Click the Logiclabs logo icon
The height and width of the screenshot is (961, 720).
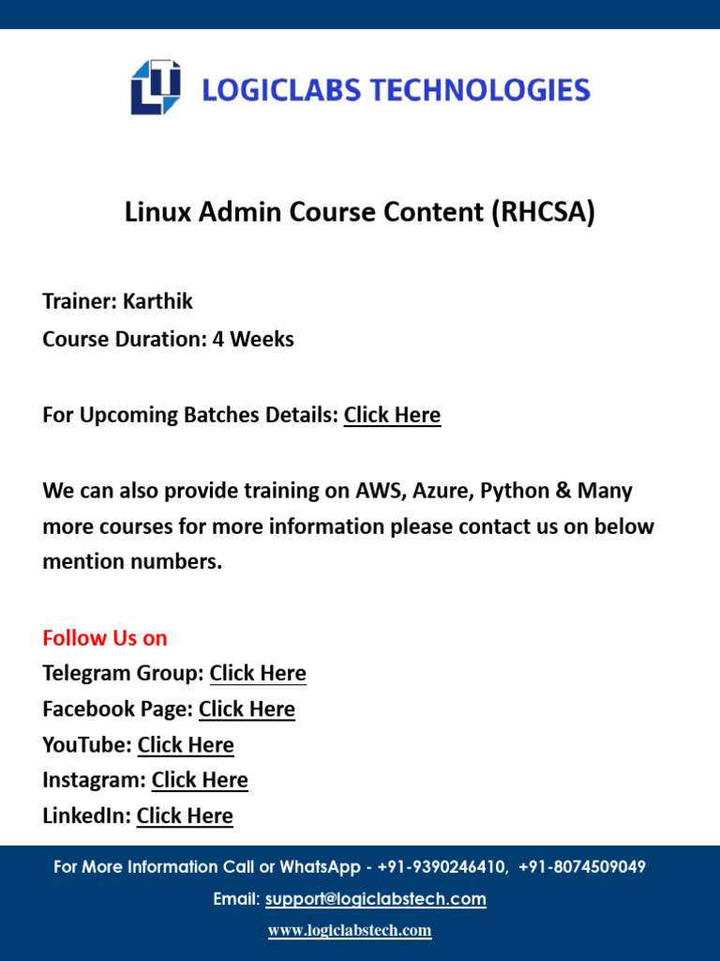pos(155,88)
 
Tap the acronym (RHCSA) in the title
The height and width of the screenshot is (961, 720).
pos(543,213)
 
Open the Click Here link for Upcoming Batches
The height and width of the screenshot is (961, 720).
pos(392,415)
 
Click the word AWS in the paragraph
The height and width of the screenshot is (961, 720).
pos(378,491)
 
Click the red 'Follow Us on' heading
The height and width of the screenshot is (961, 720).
pos(105,638)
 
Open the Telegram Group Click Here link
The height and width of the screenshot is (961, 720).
pos(258,674)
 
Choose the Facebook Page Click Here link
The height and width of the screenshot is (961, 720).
pos(247,709)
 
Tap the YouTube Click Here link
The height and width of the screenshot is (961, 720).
pos(186,745)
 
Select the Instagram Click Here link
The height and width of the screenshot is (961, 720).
pos(200,781)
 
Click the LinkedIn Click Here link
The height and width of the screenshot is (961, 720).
pos(185,816)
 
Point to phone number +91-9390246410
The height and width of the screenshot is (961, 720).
pos(443,867)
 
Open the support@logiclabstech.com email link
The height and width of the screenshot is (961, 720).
pos(375,899)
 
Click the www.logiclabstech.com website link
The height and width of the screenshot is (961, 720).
pos(350,931)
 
